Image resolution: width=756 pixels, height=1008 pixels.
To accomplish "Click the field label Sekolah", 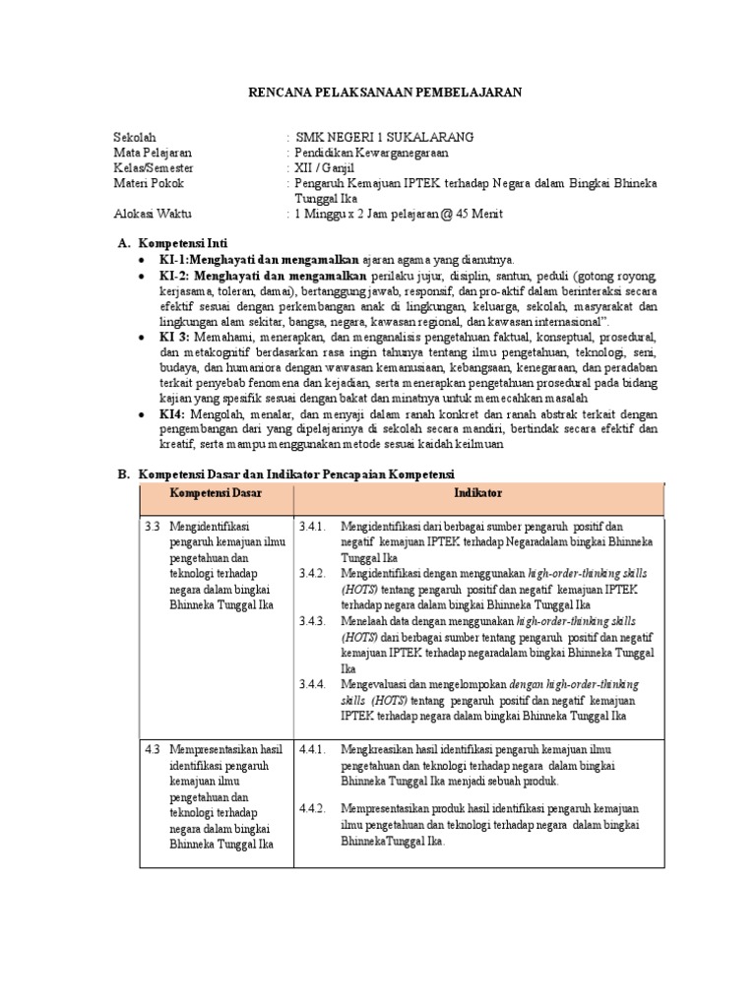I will click(135, 138).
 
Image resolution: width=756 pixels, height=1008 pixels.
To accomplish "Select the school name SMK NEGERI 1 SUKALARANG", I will click(378, 138).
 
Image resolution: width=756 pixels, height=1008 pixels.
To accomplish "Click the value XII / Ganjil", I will click(330, 168).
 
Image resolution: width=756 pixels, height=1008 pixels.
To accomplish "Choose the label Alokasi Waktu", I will click(153, 213).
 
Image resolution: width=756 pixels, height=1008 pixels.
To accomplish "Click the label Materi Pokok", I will click(149, 183).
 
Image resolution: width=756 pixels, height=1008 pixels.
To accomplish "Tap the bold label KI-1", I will click(173, 259).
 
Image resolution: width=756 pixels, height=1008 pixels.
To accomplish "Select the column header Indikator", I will click(477, 491).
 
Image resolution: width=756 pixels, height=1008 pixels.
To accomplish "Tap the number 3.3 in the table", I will click(153, 527).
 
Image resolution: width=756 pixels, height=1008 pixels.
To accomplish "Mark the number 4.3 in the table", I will click(153, 749).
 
